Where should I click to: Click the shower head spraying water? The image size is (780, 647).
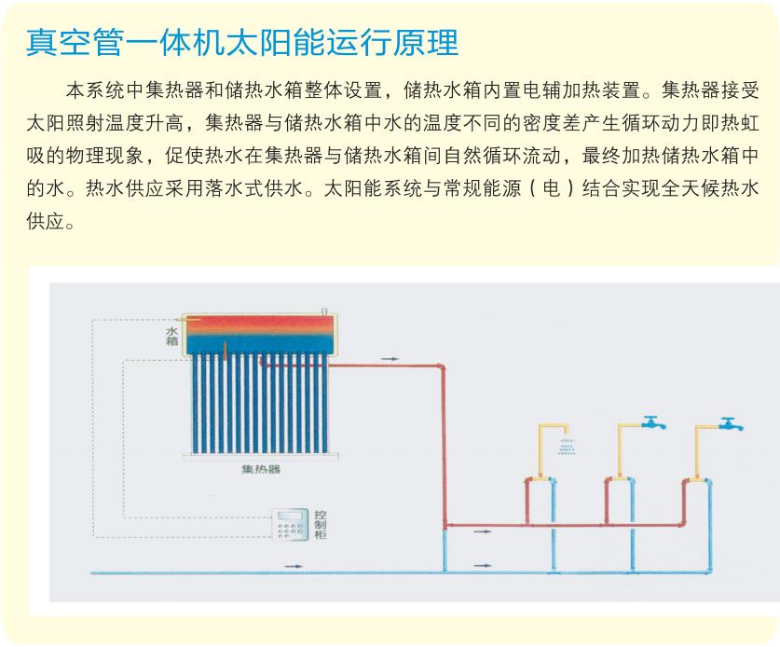point(567,446)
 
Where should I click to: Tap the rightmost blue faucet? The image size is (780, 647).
point(731,424)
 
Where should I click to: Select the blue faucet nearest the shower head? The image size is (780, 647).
point(653,423)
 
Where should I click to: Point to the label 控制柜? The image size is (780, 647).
point(321,525)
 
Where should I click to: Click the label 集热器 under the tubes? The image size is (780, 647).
point(261,469)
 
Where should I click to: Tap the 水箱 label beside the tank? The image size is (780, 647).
point(171,336)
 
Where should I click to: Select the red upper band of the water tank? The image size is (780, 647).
point(260,325)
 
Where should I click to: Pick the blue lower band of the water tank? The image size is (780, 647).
point(260,344)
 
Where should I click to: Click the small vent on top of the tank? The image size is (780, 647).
point(324,311)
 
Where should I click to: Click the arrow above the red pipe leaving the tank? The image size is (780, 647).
point(390,358)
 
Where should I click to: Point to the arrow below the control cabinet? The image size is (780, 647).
point(294,566)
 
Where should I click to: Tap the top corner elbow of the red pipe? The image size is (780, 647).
point(441,367)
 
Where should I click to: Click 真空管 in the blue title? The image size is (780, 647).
point(75,42)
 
